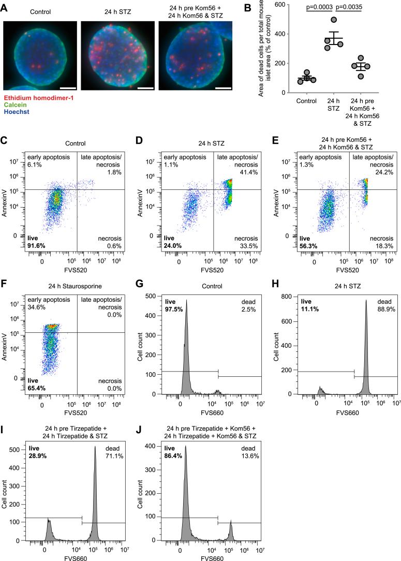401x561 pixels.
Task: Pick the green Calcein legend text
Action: [16, 119]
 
